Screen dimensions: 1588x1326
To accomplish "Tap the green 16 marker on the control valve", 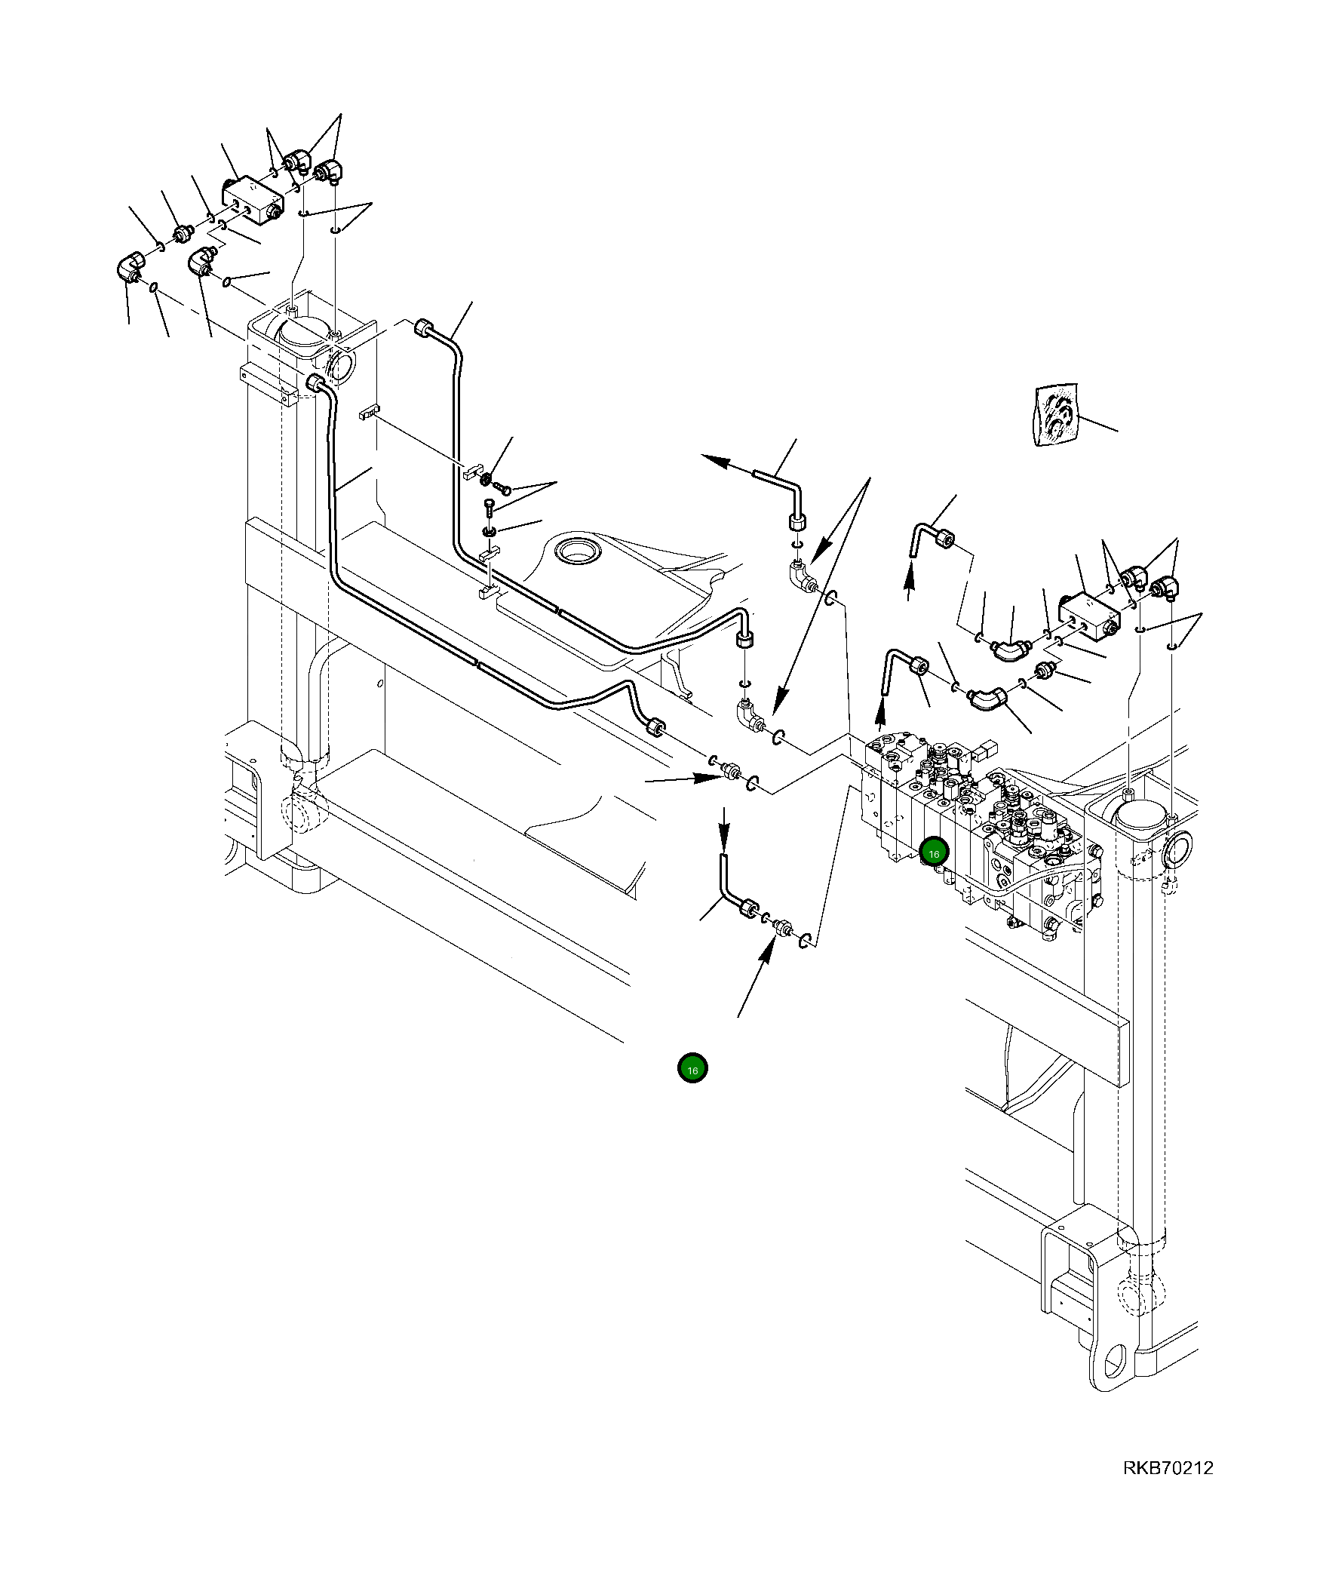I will click(x=934, y=854).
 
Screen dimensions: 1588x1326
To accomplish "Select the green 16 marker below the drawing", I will click(x=692, y=1068).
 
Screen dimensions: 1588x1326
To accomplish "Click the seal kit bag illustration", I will click(x=1056, y=414).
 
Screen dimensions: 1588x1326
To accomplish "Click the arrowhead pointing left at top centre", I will click(x=711, y=458).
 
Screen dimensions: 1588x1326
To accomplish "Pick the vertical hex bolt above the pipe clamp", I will click(x=489, y=508).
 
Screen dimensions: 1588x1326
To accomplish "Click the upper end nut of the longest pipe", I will click(x=316, y=382).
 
